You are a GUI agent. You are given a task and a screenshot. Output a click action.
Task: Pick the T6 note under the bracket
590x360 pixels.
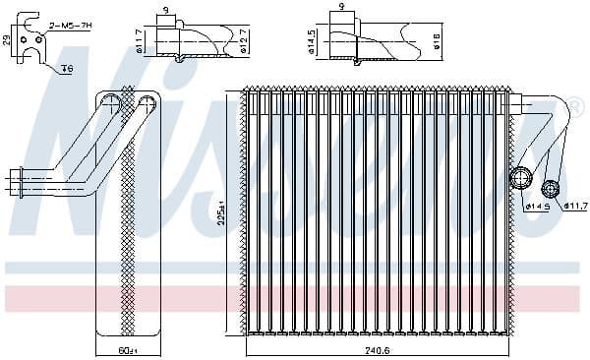click(x=67, y=68)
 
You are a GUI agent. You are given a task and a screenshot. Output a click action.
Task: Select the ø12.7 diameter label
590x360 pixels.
click(x=243, y=40)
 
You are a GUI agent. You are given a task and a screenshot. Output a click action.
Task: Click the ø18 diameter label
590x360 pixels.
click(x=436, y=40)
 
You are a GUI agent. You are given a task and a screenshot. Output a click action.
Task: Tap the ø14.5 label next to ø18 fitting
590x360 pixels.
click(x=313, y=40)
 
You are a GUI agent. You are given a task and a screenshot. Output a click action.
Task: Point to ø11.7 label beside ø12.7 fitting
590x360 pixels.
click(x=140, y=40)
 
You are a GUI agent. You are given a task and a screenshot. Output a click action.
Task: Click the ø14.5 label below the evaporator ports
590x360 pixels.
click(x=538, y=207)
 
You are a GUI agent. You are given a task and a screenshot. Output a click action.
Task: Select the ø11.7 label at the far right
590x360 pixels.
click(x=575, y=207)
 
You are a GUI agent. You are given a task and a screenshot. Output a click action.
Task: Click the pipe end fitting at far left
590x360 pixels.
click(x=17, y=179)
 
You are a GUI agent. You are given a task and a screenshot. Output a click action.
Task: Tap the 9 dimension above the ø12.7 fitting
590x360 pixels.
click(x=165, y=10)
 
